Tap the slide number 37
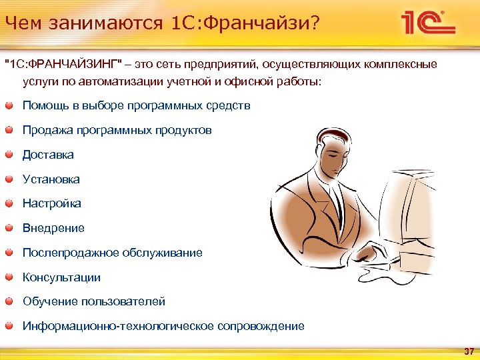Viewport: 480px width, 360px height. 468,351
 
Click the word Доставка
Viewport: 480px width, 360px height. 48,155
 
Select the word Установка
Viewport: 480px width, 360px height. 51,179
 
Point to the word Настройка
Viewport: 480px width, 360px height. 51,203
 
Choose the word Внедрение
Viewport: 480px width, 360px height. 53,228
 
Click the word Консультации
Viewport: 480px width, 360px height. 61,277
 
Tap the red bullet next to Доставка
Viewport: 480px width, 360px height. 9,155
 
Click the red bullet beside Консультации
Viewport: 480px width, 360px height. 9,277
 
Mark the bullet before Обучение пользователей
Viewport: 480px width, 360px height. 9,301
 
